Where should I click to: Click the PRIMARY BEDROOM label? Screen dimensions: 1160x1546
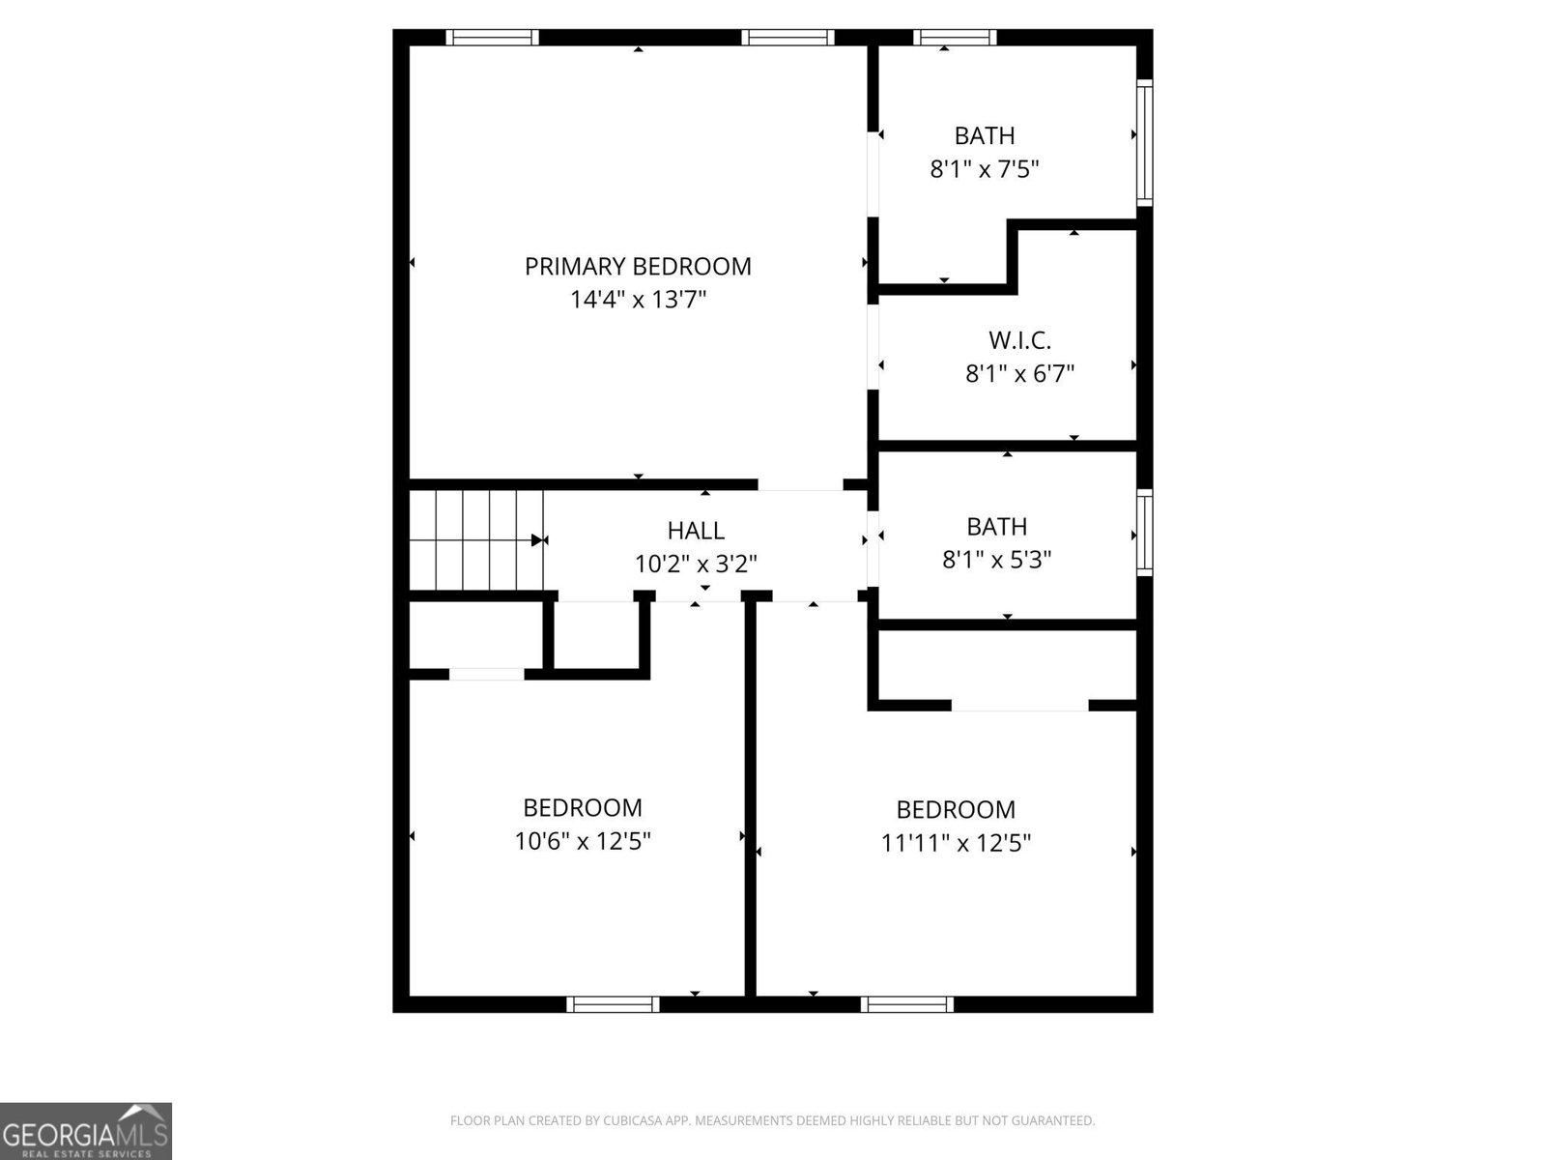[638, 266]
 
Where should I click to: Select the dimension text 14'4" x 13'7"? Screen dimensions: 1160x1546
[638, 300]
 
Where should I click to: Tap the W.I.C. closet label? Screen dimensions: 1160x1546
[1019, 340]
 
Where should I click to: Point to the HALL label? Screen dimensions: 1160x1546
[696, 530]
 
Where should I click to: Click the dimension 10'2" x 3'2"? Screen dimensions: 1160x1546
[696, 564]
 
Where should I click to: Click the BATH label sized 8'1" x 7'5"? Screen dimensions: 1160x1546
[985, 135]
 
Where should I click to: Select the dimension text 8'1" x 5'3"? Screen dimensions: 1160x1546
[996, 560]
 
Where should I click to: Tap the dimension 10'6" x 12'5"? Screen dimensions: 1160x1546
[582, 841]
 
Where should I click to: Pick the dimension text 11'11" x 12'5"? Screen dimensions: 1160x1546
[956, 843]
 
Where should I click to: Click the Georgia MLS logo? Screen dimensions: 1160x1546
[86, 1130]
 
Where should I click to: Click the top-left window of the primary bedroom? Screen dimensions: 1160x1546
[492, 38]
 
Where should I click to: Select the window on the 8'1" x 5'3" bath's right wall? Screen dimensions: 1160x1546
[1144, 532]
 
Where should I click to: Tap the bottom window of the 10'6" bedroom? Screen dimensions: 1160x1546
[613, 1004]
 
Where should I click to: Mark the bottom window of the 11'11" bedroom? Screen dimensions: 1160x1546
[906, 1004]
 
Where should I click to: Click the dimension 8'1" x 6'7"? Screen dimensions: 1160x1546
[1019, 374]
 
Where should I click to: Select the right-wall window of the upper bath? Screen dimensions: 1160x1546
[1144, 143]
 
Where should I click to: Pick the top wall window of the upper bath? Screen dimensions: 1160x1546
[955, 38]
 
